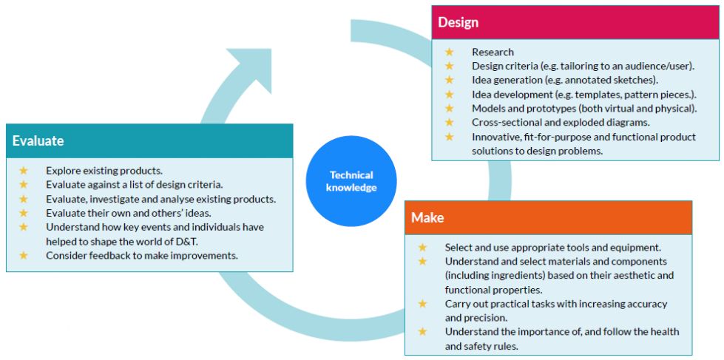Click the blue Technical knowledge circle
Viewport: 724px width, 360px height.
point(351,181)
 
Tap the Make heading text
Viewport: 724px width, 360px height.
point(427,217)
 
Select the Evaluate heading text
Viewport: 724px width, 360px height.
point(38,140)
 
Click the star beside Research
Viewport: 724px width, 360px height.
point(450,52)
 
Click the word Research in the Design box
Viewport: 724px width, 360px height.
point(493,52)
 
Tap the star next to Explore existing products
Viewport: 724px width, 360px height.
point(24,170)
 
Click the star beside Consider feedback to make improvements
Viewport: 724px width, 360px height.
point(24,255)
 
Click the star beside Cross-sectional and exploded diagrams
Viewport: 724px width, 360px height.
point(450,122)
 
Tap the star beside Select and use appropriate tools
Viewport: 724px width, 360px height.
point(422,248)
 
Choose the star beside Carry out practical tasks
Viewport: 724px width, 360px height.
point(422,304)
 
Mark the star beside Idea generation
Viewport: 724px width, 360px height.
point(450,80)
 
